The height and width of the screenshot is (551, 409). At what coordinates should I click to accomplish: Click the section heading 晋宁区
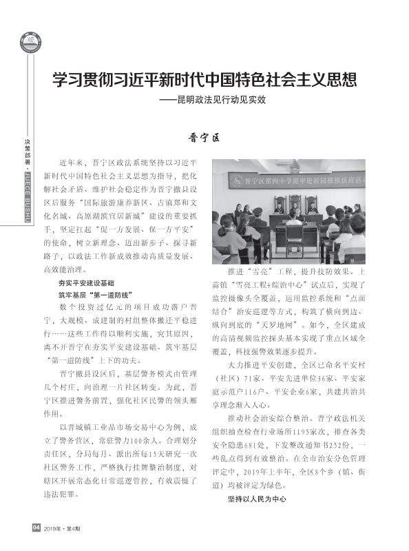204,138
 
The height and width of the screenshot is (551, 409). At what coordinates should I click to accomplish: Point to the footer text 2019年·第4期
63,529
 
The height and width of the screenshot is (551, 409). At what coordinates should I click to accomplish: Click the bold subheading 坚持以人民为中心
257,497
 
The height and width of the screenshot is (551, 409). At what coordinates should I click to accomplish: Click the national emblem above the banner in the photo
296,164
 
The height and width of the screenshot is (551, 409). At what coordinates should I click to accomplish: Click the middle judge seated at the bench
295,203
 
